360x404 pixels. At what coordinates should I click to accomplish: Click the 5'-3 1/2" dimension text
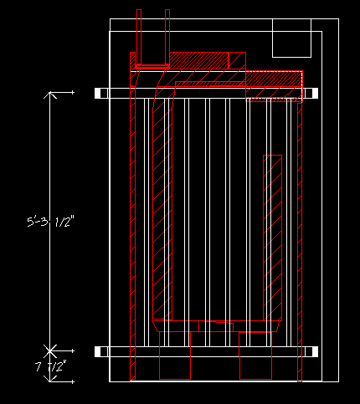point(51,222)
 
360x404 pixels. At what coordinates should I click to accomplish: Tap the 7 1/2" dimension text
point(51,366)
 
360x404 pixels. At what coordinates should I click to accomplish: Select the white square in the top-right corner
point(291,38)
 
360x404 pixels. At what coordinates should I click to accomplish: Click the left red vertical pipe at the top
point(139,38)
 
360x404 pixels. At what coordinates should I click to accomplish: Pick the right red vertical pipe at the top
point(167,38)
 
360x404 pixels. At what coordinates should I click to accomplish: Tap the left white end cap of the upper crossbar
point(98,94)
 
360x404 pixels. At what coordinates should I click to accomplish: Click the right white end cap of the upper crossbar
point(315,93)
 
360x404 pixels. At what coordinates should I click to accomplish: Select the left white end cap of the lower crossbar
point(98,352)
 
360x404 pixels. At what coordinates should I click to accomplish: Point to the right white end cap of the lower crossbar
point(315,352)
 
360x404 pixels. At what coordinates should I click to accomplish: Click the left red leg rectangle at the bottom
point(175,355)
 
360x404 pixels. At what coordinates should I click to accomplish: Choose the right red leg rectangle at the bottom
point(255,355)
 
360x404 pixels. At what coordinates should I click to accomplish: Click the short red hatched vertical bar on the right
point(272,238)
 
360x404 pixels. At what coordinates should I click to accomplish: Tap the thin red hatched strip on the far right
point(300,242)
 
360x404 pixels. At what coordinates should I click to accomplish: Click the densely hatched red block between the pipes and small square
point(199,60)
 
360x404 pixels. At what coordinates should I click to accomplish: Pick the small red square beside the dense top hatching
point(237,60)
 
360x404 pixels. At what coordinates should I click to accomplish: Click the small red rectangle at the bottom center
point(216,326)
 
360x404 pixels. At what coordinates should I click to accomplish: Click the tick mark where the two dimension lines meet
point(50,350)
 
